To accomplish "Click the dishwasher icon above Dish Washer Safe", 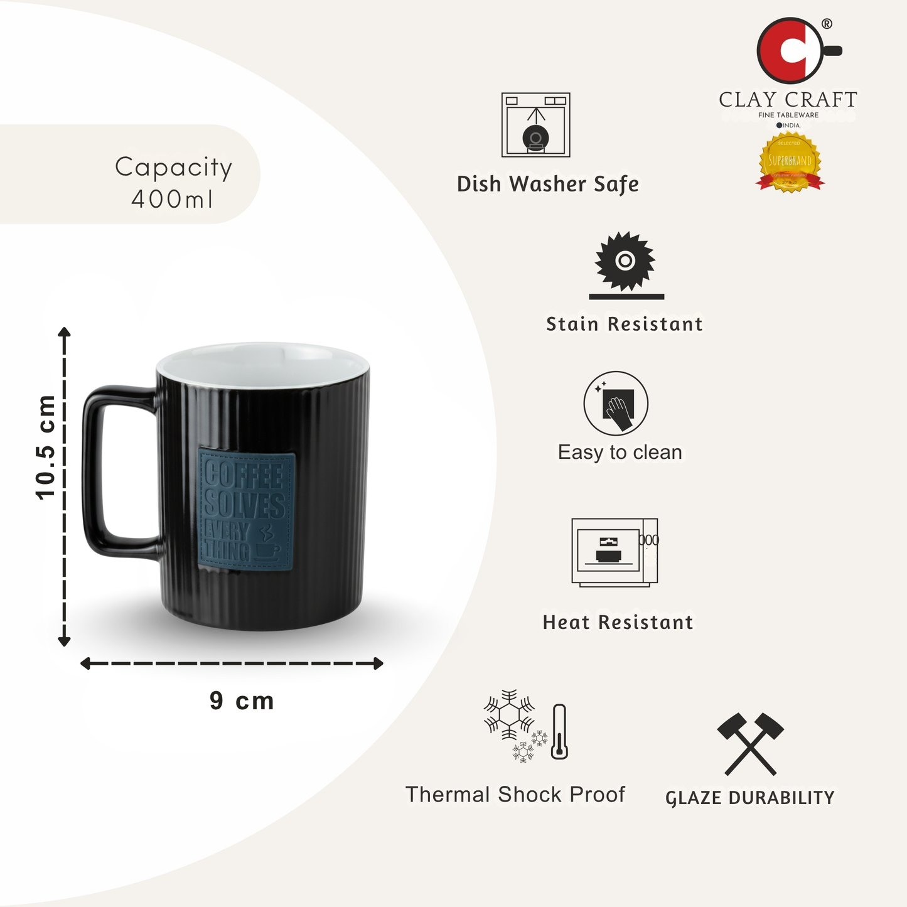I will pos(535,125).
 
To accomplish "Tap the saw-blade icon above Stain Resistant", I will pos(625,261).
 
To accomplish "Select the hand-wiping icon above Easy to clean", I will pos(616,403).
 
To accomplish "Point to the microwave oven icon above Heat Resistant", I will pos(615,552).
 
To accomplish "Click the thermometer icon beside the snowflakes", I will pos(559,731).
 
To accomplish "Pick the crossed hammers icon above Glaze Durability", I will pos(750,744).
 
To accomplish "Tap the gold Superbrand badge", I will pos(790,161).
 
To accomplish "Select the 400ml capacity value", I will pos(172,200).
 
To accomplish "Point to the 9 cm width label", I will pos(242,701).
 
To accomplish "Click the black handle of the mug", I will pos(100,471).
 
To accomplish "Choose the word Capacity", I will pos(173,168).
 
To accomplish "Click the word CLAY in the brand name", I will pos(748,100).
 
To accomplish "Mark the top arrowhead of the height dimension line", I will pos(64,332).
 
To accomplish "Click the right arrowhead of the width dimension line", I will pos(378,663).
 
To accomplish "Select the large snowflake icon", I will pos(508,715).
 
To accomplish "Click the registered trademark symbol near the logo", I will pos(827,24).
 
